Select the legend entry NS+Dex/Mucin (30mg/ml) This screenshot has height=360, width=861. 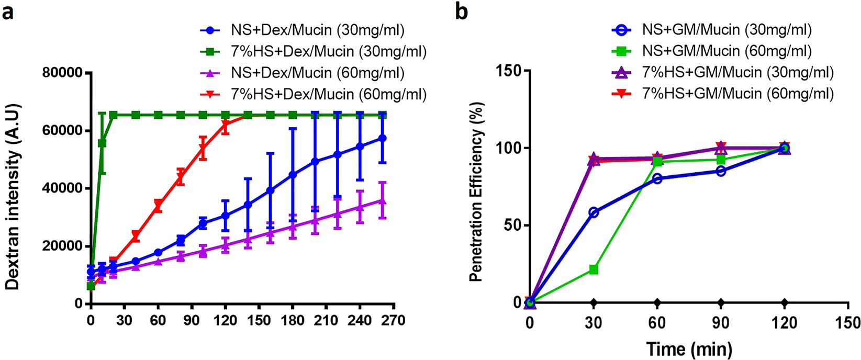coord(318,30)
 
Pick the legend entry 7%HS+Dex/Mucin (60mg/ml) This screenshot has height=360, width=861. coord(329,95)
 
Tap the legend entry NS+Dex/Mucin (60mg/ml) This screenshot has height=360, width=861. coord(318,73)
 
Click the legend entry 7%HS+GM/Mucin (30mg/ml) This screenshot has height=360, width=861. coord(738,72)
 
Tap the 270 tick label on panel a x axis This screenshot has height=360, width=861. coord(393,319)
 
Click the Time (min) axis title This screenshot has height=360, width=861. coord(688,348)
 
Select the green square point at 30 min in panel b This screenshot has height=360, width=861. coord(594,269)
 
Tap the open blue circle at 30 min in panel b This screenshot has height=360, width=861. coord(594,212)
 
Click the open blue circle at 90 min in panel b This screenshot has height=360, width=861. coord(721,171)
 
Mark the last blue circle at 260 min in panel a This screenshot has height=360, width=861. coord(382,138)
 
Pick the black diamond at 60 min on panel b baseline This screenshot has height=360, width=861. coord(657,302)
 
